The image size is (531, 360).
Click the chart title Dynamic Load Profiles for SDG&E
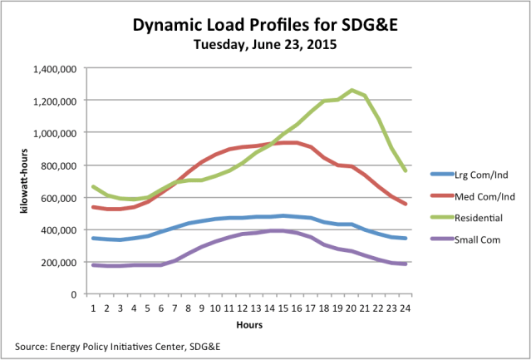(265, 26)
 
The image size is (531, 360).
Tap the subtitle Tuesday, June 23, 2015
(265, 44)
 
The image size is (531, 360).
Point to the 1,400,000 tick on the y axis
(55, 68)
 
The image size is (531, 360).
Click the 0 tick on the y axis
(74, 294)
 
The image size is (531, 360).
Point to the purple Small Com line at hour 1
(94, 265)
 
